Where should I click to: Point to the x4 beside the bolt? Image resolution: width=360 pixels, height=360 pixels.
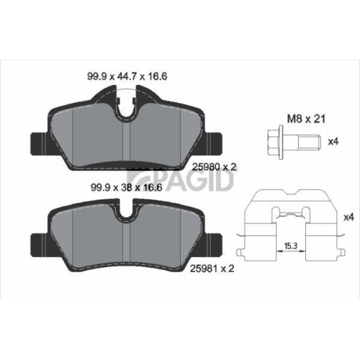pyautogui.click(x=333, y=142)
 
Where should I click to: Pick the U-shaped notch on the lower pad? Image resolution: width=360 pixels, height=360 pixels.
pyautogui.click(x=127, y=212)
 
